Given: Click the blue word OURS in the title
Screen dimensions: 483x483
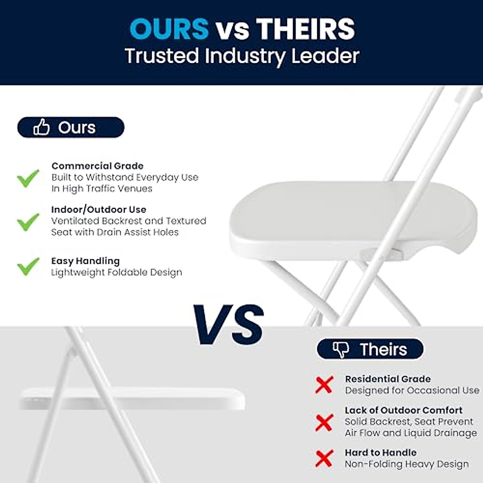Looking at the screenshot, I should tap(169, 29).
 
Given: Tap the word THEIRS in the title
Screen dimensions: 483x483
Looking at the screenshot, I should tap(305, 29).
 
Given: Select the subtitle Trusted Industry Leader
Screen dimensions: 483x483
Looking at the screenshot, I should tap(242, 56).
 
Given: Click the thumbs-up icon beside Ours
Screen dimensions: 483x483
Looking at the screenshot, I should tap(41, 127).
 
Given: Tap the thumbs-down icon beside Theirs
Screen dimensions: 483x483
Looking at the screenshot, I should tap(341, 349).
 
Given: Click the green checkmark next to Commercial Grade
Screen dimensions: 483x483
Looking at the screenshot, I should tap(28, 178).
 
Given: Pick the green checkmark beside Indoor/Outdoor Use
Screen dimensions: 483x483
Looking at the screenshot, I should tap(28, 222).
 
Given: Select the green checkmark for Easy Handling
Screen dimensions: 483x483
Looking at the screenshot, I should tap(28, 266).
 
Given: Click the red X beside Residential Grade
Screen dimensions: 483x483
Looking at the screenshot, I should tap(324, 385).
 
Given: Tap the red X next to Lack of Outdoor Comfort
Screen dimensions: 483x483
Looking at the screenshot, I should tap(324, 423).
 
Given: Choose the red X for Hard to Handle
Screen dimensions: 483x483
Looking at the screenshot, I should tap(324, 459).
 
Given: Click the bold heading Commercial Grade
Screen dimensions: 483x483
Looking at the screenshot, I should tap(97, 166).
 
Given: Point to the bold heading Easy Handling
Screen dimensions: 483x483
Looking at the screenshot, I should tap(85, 261).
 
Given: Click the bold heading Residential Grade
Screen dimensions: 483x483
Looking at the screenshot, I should tap(388, 379).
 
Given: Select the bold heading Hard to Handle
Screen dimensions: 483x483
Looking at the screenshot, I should tap(380, 452).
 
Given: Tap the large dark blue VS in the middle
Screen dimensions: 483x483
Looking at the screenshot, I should tap(228, 324).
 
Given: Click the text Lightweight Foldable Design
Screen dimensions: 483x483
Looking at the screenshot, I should tap(116, 272).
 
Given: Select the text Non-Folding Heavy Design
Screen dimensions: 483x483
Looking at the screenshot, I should tap(407, 464).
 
